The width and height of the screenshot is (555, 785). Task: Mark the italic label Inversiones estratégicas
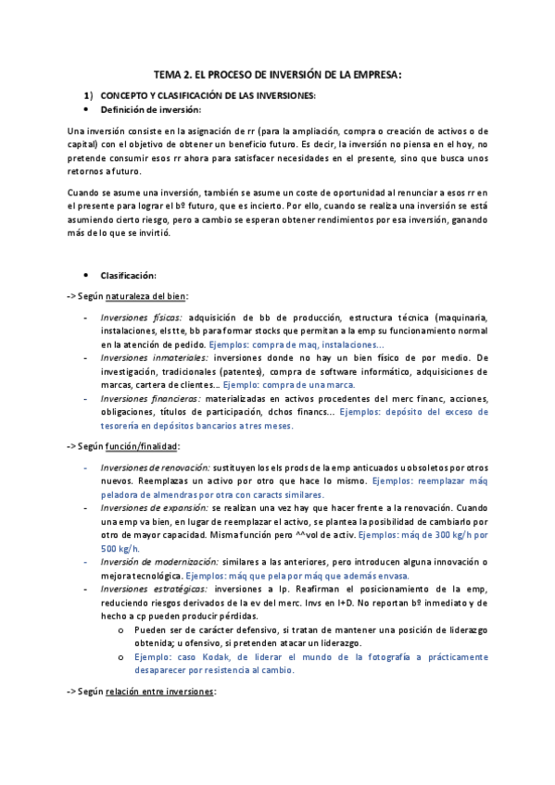point(154,589)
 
